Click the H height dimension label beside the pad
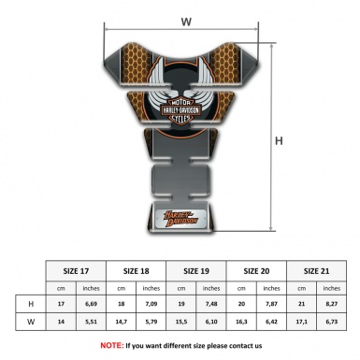point(278,142)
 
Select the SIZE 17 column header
point(77,269)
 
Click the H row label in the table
point(33,303)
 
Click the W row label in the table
point(33,323)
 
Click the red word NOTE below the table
point(111,345)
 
